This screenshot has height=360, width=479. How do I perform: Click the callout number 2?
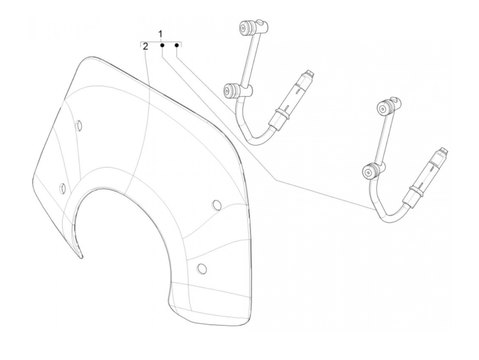(x=146, y=47)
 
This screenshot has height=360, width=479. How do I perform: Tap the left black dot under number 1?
(x=163, y=45)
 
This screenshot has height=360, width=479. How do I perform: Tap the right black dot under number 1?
(x=177, y=45)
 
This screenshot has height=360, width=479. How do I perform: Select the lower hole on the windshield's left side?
(x=63, y=188)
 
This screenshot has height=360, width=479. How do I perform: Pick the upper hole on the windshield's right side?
(x=216, y=205)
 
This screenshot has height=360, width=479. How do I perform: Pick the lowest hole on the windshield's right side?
(x=202, y=269)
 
